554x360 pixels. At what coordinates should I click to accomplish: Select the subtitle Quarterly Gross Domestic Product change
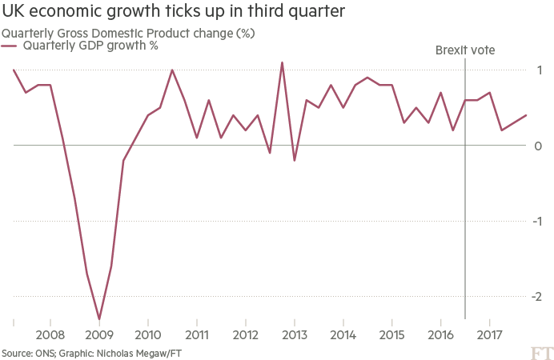pos(128,34)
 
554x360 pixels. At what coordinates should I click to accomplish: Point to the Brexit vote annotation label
pos(465,50)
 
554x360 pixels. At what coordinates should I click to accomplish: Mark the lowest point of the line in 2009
pos(98,318)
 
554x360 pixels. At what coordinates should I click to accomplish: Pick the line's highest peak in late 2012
pos(282,62)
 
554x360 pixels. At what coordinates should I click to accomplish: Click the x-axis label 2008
pos(50,334)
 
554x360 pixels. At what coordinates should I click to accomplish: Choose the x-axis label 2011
pos(197,334)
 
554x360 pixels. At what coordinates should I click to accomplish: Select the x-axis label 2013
pos(295,334)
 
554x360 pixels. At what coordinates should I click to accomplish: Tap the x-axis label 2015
pos(392,334)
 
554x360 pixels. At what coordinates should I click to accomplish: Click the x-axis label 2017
pos(490,334)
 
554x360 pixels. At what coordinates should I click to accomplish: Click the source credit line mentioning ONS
pos(85,352)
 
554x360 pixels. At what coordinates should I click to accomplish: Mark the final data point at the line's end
pos(526,115)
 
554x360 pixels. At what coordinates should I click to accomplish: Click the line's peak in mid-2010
pos(172,70)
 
